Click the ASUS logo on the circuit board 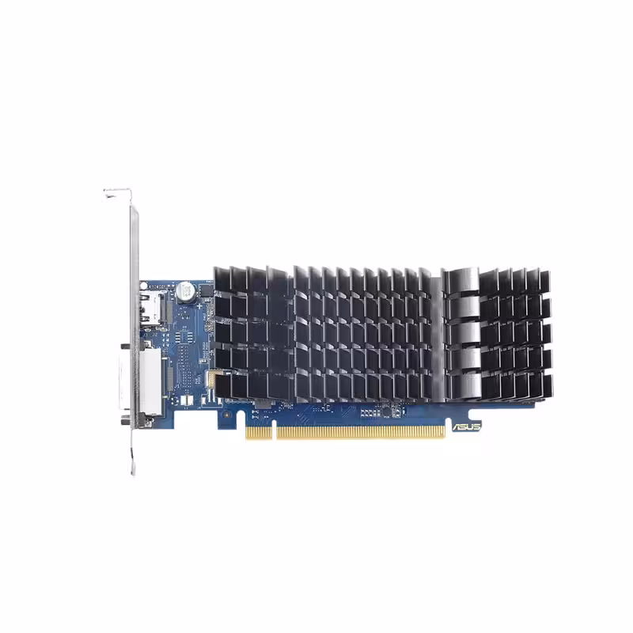466,426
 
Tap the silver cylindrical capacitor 185,290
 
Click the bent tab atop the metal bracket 117,192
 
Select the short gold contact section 258,433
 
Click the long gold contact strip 359,432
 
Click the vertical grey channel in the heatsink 434,332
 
